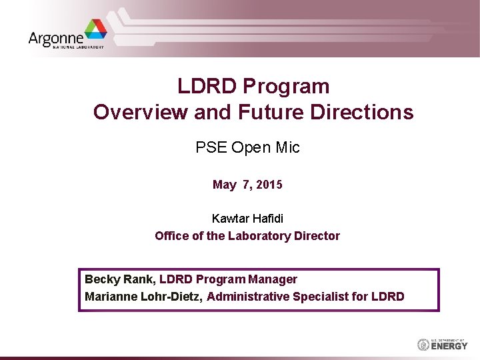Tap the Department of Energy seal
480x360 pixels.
point(423,345)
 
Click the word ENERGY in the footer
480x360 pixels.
point(449,346)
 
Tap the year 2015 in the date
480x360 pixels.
point(269,185)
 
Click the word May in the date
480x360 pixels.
point(224,185)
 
